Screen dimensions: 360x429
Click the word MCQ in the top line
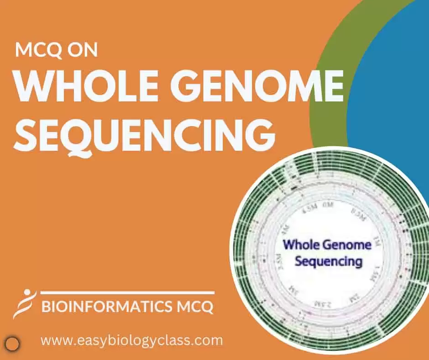38,49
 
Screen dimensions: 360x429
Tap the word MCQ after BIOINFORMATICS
195,307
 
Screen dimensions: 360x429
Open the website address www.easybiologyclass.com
131,340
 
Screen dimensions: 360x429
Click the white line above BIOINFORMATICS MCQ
127,292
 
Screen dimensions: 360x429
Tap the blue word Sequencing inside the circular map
328,262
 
